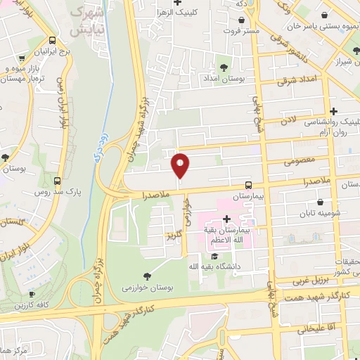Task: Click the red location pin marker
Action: click(x=181, y=165)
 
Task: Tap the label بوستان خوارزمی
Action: click(x=146, y=287)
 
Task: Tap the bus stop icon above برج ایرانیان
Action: click(x=53, y=41)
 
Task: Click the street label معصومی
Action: click(x=298, y=162)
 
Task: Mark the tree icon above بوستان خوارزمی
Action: click(x=146, y=276)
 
